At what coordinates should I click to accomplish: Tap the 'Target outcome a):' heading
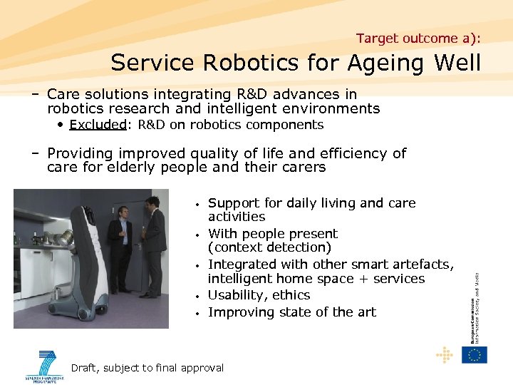point(418,38)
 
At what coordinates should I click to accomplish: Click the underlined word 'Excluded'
point(98,125)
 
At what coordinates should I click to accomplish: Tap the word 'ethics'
point(294,295)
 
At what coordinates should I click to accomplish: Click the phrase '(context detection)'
point(269,247)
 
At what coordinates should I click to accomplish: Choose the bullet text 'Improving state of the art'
point(292,312)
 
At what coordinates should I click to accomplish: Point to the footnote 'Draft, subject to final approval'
point(147,368)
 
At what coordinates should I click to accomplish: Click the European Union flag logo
point(474,354)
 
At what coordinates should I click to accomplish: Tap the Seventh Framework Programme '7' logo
point(46,364)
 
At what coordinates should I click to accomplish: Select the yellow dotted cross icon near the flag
point(444,354)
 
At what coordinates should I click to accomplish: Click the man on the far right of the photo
point(153,246)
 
